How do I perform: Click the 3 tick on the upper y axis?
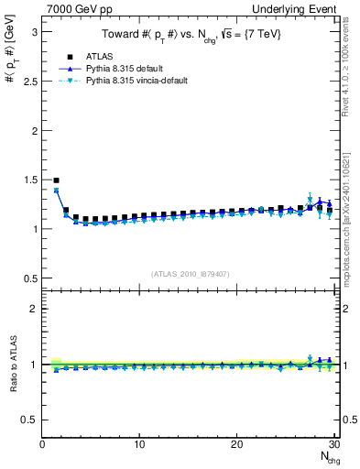[x=32, y=32]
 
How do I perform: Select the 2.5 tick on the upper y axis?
[x=28, y=82]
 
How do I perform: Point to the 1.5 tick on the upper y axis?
[x=28, y=180]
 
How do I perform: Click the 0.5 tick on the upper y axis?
[x=28, y=278]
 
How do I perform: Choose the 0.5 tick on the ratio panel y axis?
[x=28, y=420]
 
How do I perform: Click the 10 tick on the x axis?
[x=139, y=444]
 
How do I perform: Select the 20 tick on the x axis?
[x=236, y=444]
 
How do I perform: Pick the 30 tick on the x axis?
[x=333, y=444]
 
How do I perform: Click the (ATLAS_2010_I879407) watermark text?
[x=191, y=273]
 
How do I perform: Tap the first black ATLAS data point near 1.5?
[x=57, y=181]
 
